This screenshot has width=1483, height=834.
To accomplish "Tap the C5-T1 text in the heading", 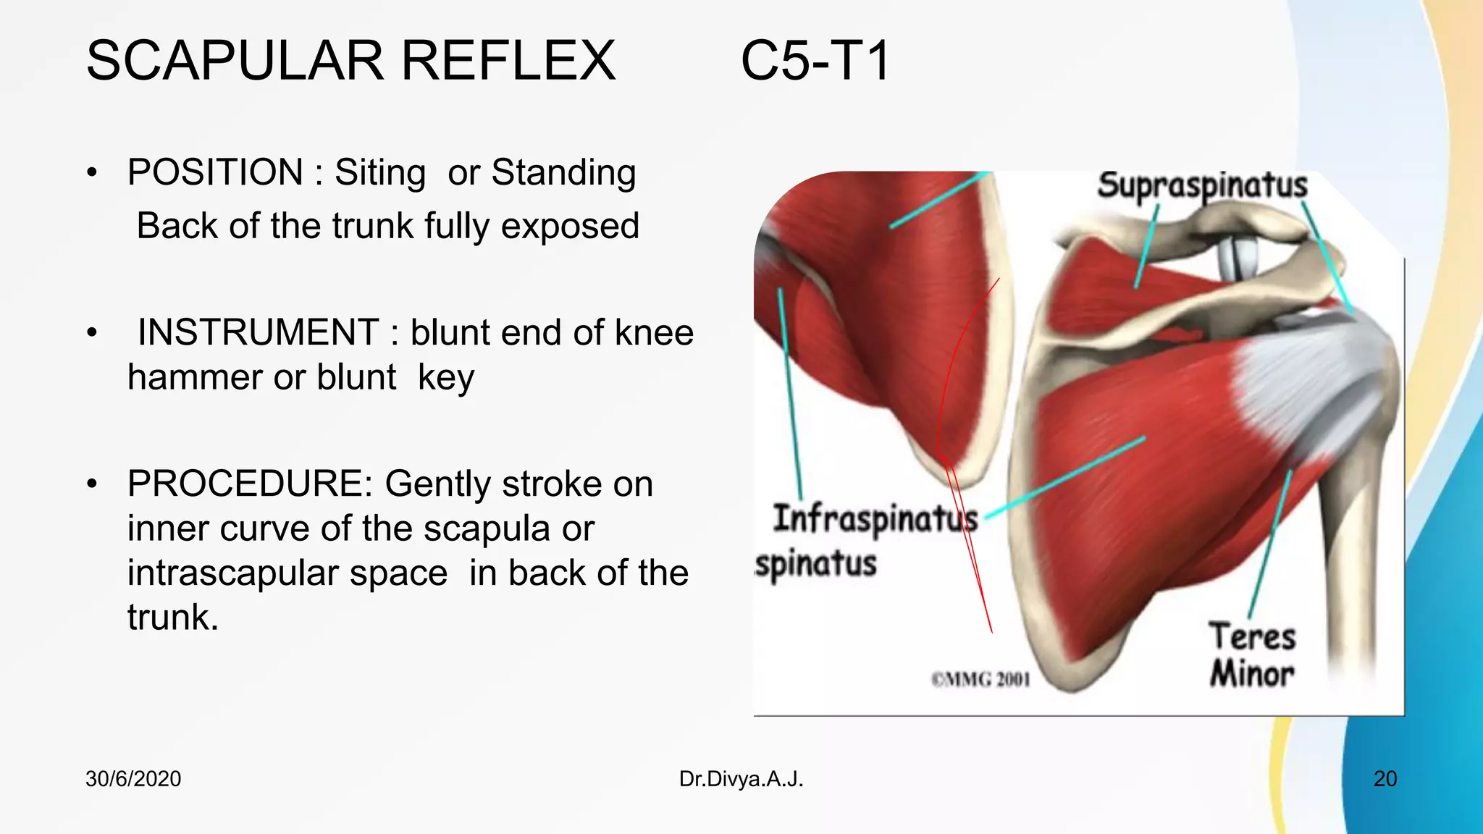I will [x=815, y=61].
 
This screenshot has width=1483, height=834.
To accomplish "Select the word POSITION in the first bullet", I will [x=215, y=173].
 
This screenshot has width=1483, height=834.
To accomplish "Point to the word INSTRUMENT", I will [x=258, y=333].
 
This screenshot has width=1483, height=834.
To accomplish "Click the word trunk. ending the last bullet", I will [x=173, y=618].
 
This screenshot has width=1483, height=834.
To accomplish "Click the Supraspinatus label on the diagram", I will [x=1202, y=186].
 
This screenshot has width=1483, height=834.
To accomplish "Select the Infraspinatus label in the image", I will [x=875, y=520].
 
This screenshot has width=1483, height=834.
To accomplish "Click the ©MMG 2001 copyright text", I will [x=980, y=680].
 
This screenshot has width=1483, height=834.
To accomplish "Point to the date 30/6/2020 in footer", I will [x=133, y=779].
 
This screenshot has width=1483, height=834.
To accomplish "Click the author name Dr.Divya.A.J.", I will [x=741, y=779].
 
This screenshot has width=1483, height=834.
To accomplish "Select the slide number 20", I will [x=1385, y=779].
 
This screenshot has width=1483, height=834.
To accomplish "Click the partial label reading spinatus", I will [x=815, y=565].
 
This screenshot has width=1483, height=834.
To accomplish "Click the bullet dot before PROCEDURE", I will [x=91, y=484].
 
